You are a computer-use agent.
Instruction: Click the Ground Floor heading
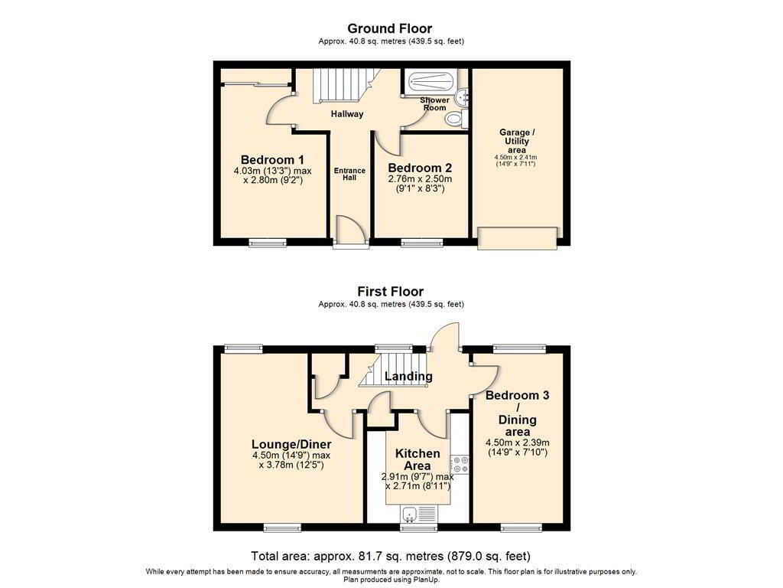pyautogui.click(x=389, y=28)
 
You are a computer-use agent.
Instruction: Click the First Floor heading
pyautogui.click(x=391, y=292)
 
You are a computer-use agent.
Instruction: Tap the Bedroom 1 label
pyautogui.click(x=272, y=160)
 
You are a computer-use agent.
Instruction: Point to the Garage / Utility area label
pyautogui.click(x=517, y=141)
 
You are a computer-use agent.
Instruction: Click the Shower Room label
pyautogui.click(x=435, y=103)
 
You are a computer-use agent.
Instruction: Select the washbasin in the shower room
pyautogui.click(x=463, y=96)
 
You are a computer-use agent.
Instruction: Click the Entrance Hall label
pyautogui.click(x=349, y=174)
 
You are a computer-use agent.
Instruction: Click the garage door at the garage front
pyautogui.click(x=518, y=238)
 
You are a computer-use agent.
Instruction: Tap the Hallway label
pyautogui.click(x=347, y=114)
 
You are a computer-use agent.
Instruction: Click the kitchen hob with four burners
pyautogui.click(x=460, y=465)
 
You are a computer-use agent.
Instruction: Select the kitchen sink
pyautogui.click(x=418, y=514)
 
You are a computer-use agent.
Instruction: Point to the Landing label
pyautogui.click(x=408, y=376)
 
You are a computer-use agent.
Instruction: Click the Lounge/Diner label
pyautogui.click(x=291, y=444)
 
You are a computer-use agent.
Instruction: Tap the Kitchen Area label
pyautogui.click(x=417, y=459)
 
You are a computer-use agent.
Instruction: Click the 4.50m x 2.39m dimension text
pyautogui.click(x=518, y=443)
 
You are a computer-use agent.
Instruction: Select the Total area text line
pyautogui.click(x=391, y=556)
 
